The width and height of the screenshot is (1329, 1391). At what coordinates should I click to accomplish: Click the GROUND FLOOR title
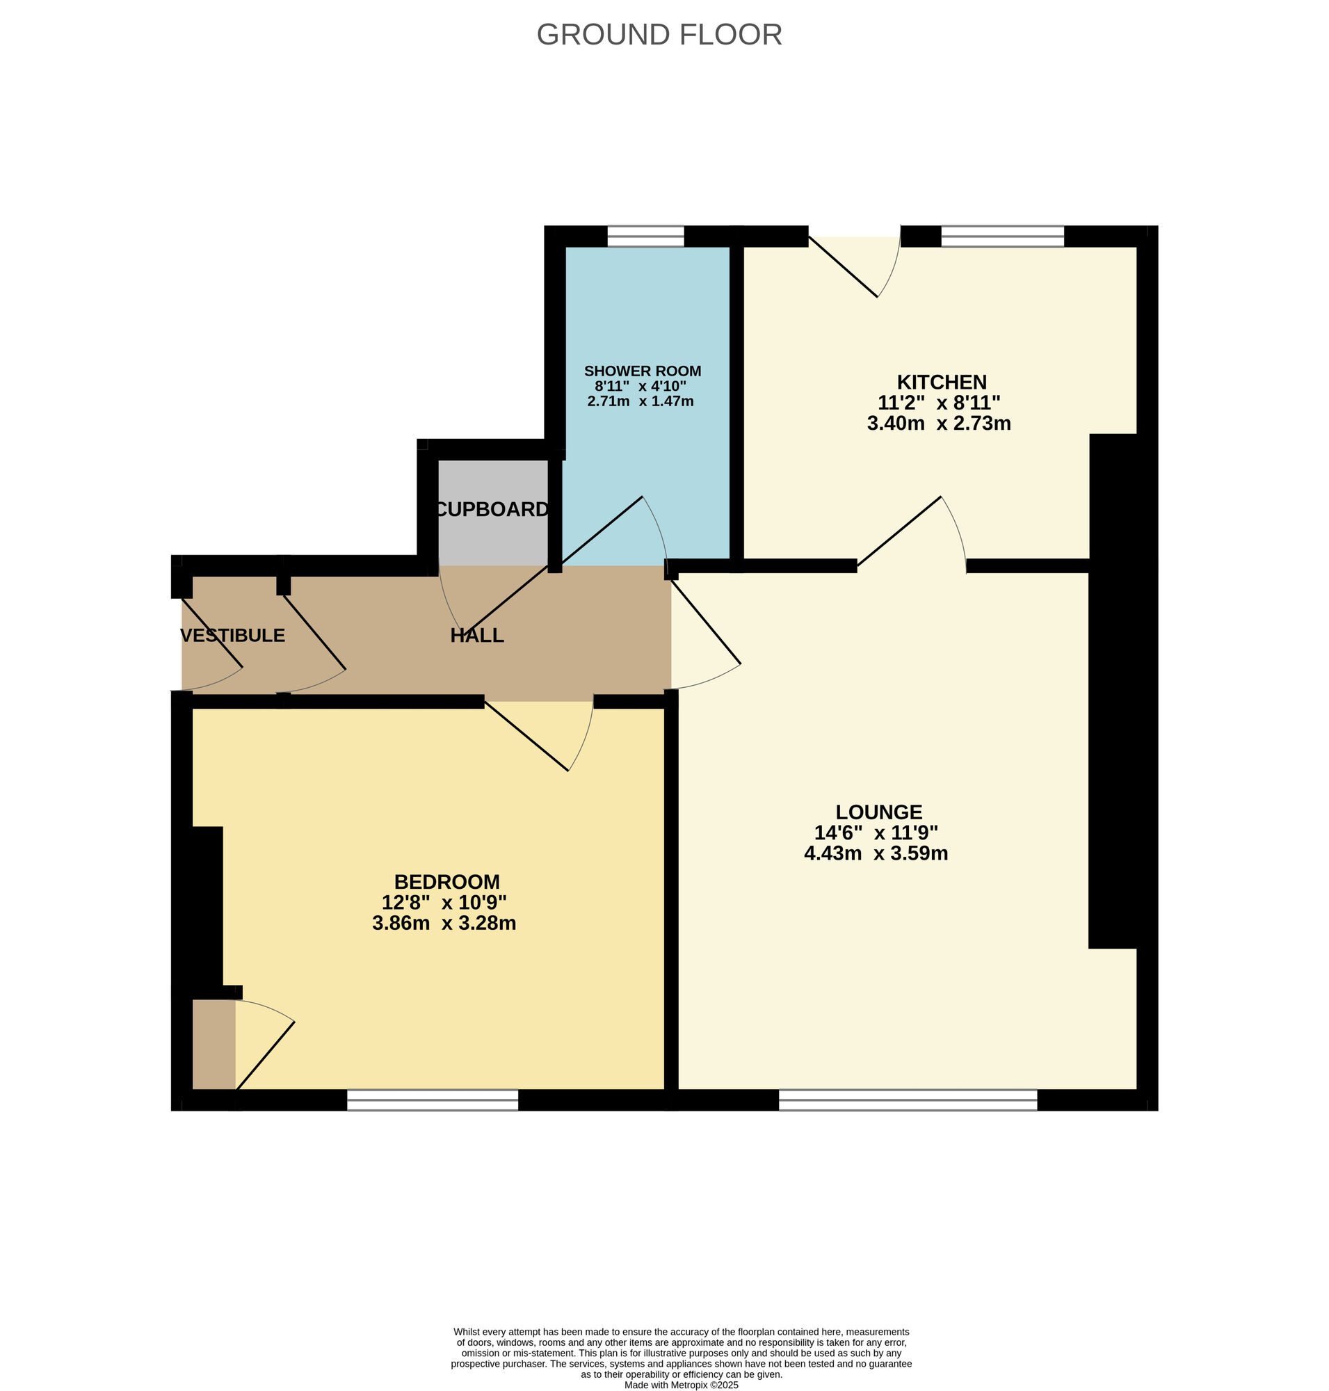(659, 35)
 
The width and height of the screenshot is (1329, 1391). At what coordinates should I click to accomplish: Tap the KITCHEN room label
(942, 382)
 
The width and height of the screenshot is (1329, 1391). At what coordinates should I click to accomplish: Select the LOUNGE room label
(878, 812)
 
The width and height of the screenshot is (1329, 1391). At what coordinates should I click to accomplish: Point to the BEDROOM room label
(447, 881)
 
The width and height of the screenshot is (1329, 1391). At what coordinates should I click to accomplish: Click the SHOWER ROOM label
(643, 371)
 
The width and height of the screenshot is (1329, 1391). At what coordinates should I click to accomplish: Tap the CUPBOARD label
(492, 509)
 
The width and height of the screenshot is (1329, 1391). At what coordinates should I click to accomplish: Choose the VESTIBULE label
(232, 636)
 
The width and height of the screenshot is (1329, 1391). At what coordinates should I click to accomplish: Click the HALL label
(478, 636)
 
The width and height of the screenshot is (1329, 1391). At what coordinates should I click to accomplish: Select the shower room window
(646, 236)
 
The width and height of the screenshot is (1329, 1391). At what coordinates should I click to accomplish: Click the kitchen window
(1002, 236)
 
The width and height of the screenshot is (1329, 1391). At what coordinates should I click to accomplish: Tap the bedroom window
(433, 1099)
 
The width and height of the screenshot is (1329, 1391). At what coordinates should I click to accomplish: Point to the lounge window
(908, 1099)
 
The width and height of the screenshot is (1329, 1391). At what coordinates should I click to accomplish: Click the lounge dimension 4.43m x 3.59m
(876, 853)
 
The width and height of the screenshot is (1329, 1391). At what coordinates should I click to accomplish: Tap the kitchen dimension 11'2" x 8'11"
(939, 403)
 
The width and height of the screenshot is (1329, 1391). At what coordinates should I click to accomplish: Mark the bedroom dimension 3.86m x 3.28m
(444, 923)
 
